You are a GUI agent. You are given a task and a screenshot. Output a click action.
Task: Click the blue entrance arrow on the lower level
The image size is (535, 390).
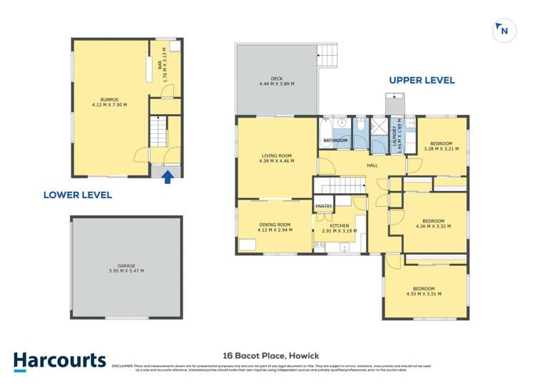pyautogui.click(x=168, y=176)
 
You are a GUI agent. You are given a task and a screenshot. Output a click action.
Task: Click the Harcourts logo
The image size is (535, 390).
pyautogui.click(x=59, y=361)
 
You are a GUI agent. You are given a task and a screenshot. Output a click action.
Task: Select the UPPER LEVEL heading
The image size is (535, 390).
pyautogui.click(x=422, y=81)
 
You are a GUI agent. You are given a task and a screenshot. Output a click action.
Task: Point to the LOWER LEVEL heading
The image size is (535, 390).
pyautogui.click(x=78, y=195)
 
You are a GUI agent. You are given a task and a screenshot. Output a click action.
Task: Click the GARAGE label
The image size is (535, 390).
pyautogui.click(x=126, y=265)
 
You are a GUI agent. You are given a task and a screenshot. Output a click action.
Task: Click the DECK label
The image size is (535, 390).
pyautogui.click(x=277, y=78)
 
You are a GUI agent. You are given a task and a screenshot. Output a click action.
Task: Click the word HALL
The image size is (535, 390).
pyautogui.click(x=372, y=165)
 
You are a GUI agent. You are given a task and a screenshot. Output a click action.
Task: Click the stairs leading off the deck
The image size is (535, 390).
pyautogui.click(x=327, y=54)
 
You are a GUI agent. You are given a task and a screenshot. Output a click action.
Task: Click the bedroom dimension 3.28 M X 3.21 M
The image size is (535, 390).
pyautogui.click(x=441, y=149)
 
